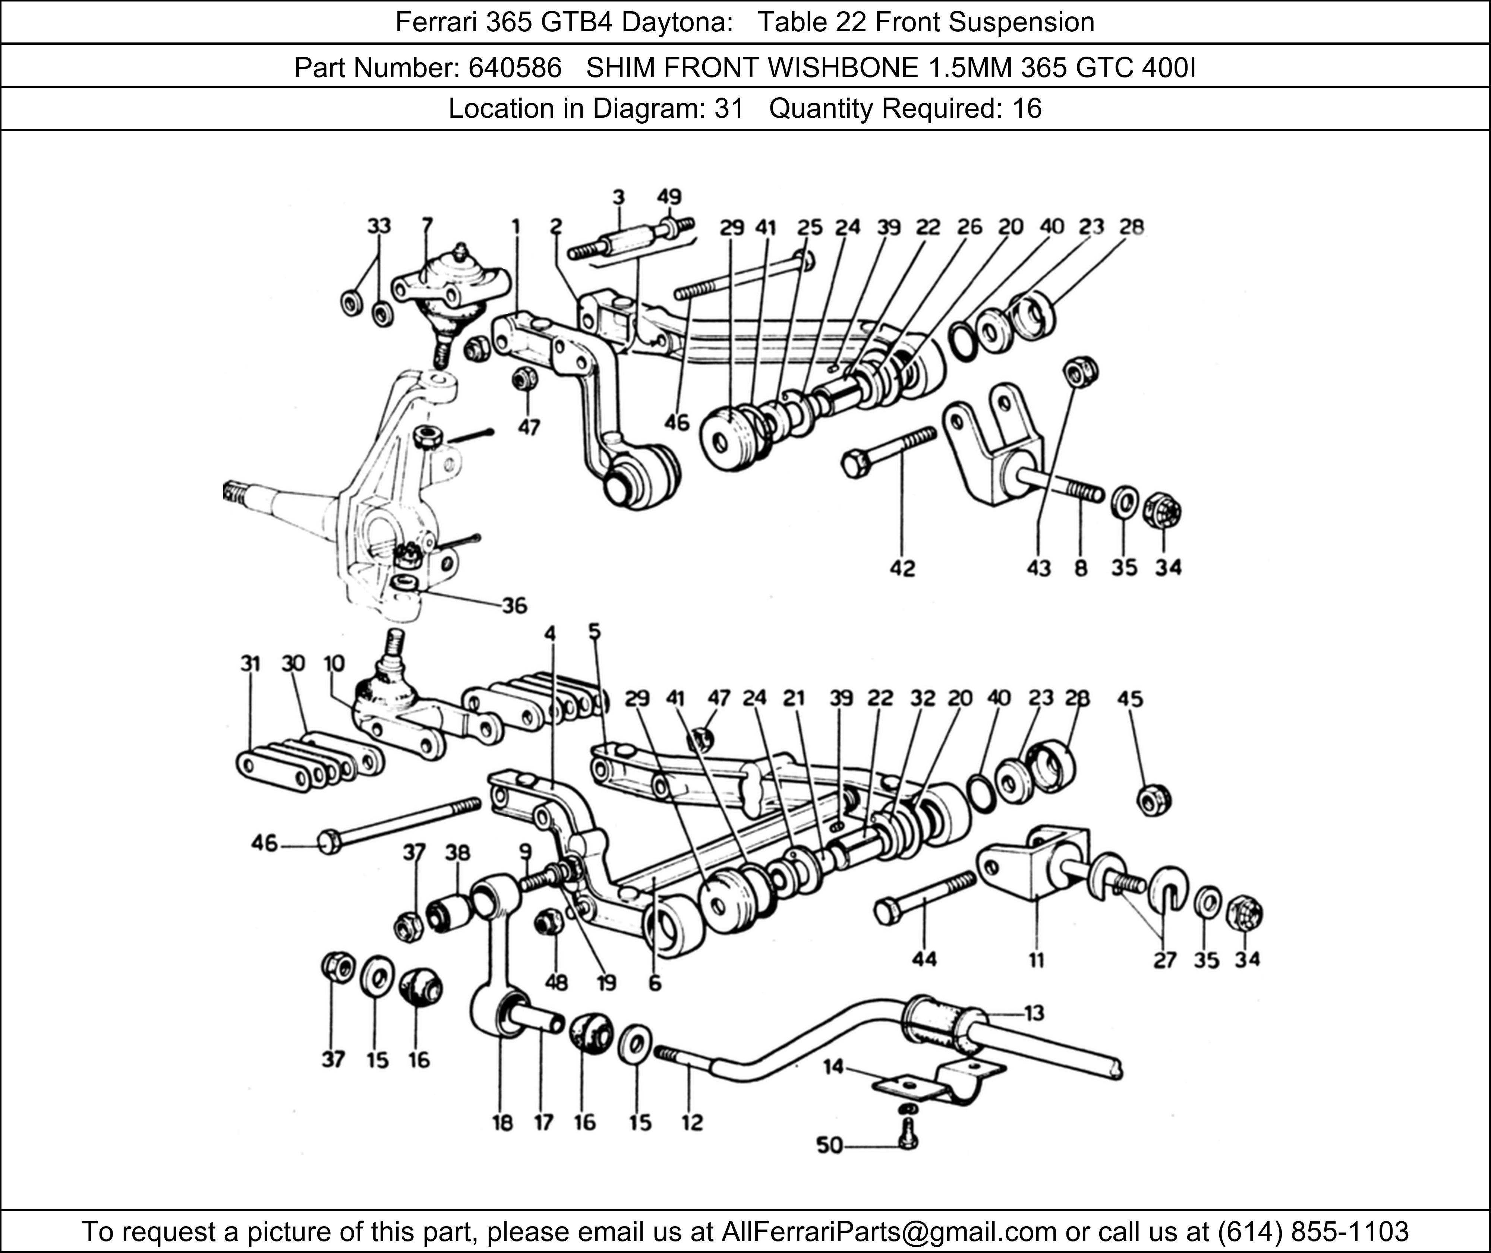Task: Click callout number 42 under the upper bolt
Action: click(x=902, y=568)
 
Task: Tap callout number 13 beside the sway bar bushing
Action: click(x=1034, y=1013)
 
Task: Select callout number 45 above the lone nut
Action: click(x=1130, y=699)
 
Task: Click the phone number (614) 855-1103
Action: click(x=1312, y=1231)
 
